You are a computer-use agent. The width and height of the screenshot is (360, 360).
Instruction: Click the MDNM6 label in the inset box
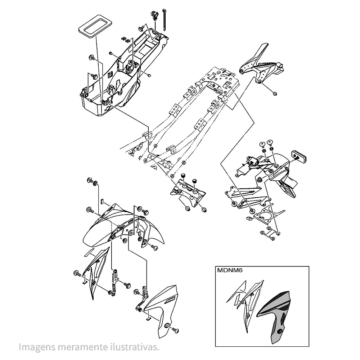point(230,270)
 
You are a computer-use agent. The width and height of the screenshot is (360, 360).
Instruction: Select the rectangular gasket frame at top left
point(95,26)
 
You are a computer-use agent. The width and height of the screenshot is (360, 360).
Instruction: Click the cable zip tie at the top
point(165,20)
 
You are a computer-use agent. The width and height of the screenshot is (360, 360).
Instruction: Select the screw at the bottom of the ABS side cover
point(176,330)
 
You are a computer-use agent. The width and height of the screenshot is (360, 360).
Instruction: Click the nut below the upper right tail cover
point(274,93)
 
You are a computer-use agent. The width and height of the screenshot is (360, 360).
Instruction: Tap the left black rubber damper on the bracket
point(183,176)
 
